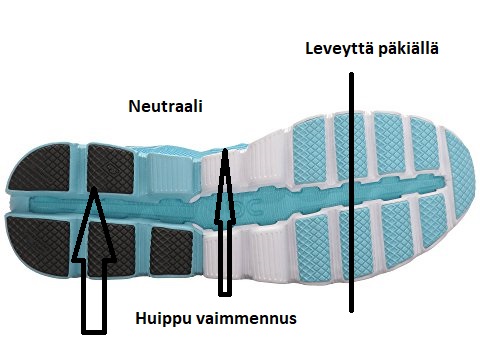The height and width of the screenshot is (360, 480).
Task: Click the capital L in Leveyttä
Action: (x=310, y=47)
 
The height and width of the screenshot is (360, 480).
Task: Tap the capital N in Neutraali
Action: (x=134, y=104)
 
